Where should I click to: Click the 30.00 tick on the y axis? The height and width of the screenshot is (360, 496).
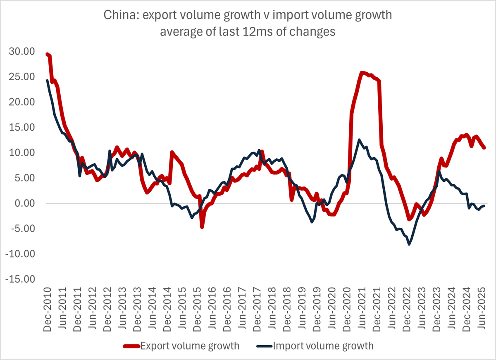pyautogui.click(x=21, y=52)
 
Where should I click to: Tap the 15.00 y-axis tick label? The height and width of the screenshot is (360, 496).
pyautogui.click(x=21, y=128)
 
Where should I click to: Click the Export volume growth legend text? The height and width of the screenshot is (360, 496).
pyautogui.click(x=190, y=346)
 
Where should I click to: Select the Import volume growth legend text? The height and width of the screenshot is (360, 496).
pyautogui.click(x=323, y=346)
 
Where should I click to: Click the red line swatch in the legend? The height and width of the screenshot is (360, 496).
pyautogui.click(x=131, y=346)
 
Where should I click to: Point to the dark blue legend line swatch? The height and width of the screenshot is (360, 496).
pyautogui.click(x=265, y=346)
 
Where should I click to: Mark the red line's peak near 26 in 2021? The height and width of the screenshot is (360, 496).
pyautogui.click(x=362, y=73)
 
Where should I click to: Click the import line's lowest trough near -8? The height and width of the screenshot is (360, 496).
pyautogui.click(x=409, y=244)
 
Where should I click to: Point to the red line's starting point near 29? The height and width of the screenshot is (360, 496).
pyautogui.click(x=47, y=54)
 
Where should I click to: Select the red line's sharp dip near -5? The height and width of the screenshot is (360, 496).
pyautogui.click(x=202, y=227)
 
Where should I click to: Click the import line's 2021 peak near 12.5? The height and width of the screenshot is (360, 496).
pyautogui.click(x=359, y=140)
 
